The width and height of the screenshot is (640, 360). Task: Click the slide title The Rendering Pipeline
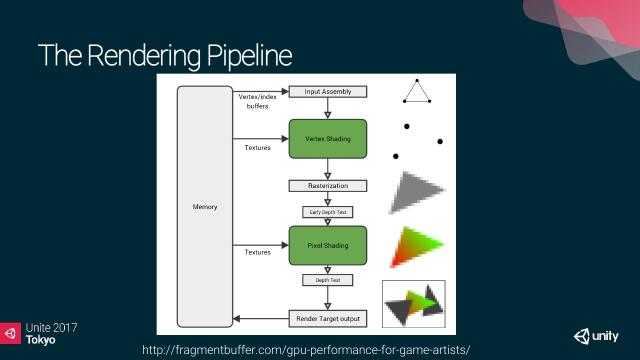pos(166,56)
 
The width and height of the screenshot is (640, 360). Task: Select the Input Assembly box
pos(328,92)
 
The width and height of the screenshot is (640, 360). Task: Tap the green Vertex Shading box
pos(328,139)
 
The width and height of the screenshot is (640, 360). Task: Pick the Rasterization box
pos(328,186)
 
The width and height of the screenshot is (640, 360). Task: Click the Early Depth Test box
pos(328,211)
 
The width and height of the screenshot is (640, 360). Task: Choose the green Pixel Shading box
pos(328,245)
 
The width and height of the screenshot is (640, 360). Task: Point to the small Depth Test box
pos(328,280)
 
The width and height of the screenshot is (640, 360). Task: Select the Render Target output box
pos(328,319)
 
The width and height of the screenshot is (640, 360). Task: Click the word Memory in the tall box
pos(204,207)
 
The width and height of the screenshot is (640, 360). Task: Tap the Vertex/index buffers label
pos(257,100)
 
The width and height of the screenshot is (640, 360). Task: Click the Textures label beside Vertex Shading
pos(257,148)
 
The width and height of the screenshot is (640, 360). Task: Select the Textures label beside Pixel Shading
pos(257,252)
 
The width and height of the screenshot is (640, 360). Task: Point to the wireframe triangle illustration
pos(417,91)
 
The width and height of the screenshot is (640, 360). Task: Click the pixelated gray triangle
pos(411,193)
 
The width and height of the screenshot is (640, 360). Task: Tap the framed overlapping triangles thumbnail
pos(414,303)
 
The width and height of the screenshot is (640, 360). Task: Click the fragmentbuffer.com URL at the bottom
pos(306,348)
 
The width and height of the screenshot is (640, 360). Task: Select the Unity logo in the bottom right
pos(597,335)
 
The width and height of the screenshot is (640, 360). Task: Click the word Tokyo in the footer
pos(41,340)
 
